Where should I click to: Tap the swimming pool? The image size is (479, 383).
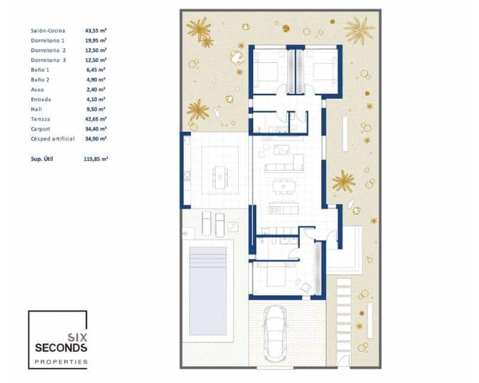tap(207, 290)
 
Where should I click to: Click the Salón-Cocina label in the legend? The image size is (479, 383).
tap(48, 30)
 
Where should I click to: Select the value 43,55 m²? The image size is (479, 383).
tap(96, 30)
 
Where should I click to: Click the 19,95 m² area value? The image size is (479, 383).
tap(96, 40)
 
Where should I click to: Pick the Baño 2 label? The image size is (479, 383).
tap(40, 80)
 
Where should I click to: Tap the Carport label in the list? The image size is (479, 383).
tap(41, 129)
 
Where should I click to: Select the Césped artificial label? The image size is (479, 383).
tap(53, 138)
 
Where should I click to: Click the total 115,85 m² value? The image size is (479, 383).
tap(96, 159)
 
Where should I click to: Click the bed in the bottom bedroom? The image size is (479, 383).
tap(273, 277)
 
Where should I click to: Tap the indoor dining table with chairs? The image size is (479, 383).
tap(283, 187)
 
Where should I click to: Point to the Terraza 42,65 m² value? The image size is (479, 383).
tap(96, 119)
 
